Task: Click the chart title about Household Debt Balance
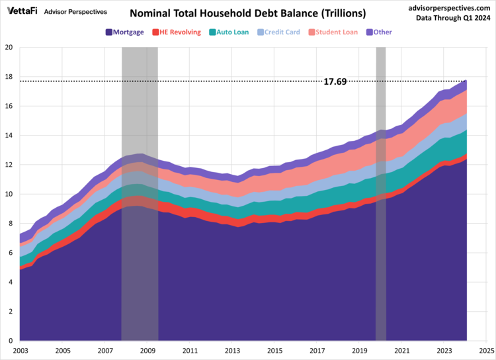pos(247,13)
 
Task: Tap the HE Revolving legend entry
pos(177,32)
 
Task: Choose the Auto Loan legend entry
pos(228,32)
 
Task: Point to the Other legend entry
pos(378,32)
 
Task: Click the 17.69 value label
pos(335,81)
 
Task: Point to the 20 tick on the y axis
pos(9,48)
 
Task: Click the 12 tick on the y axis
pos(9,165)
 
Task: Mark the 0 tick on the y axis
pos(11,341)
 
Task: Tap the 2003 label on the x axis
pos(21,351)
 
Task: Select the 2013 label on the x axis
pos(232,351)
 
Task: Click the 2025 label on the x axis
pos(486,351)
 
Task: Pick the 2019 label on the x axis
pos(359,351)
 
